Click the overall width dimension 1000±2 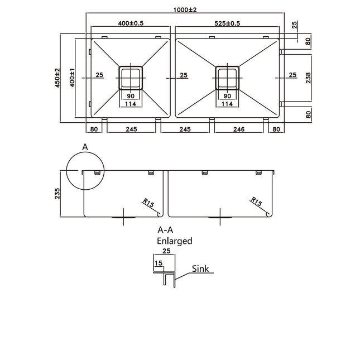point(185,10)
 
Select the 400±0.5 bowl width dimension point(131,23)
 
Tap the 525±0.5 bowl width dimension point(227,23)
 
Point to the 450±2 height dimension point(57,78)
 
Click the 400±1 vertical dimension point(72,78)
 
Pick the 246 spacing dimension point(239,129)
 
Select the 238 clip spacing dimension point(308,78)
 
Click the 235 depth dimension point(57,194)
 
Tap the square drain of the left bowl point(131,78)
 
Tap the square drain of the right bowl point(227,78)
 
